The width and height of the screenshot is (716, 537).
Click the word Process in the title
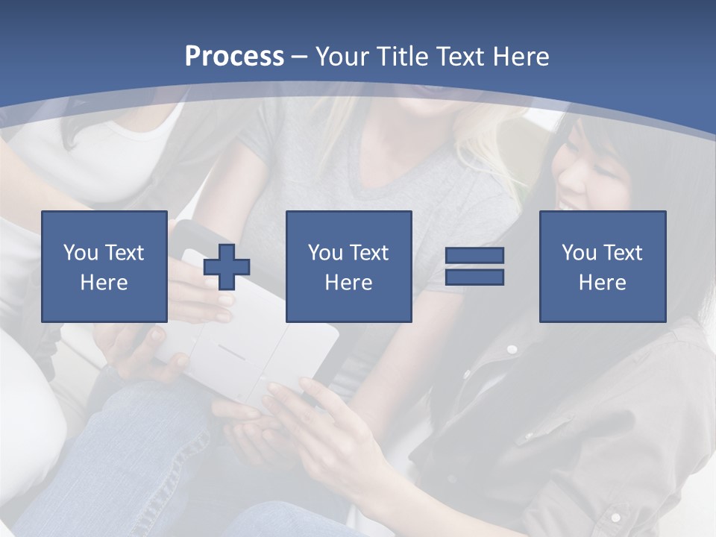click(234, 56)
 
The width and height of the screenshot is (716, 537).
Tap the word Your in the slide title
click(343, 56)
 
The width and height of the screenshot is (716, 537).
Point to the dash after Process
click(299, 57)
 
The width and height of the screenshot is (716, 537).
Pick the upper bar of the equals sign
click(474, 256)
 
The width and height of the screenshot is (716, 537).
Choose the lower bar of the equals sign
click(474, 277)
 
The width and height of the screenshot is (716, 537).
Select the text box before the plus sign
click(104, 266)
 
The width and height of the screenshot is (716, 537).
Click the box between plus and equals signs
click(348, 266)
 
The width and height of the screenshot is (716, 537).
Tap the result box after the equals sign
click(602, 266)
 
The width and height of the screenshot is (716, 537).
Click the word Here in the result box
click(602, 283)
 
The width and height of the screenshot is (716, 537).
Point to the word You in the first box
click(80, 253)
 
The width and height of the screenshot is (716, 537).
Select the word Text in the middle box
click(368, 253)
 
